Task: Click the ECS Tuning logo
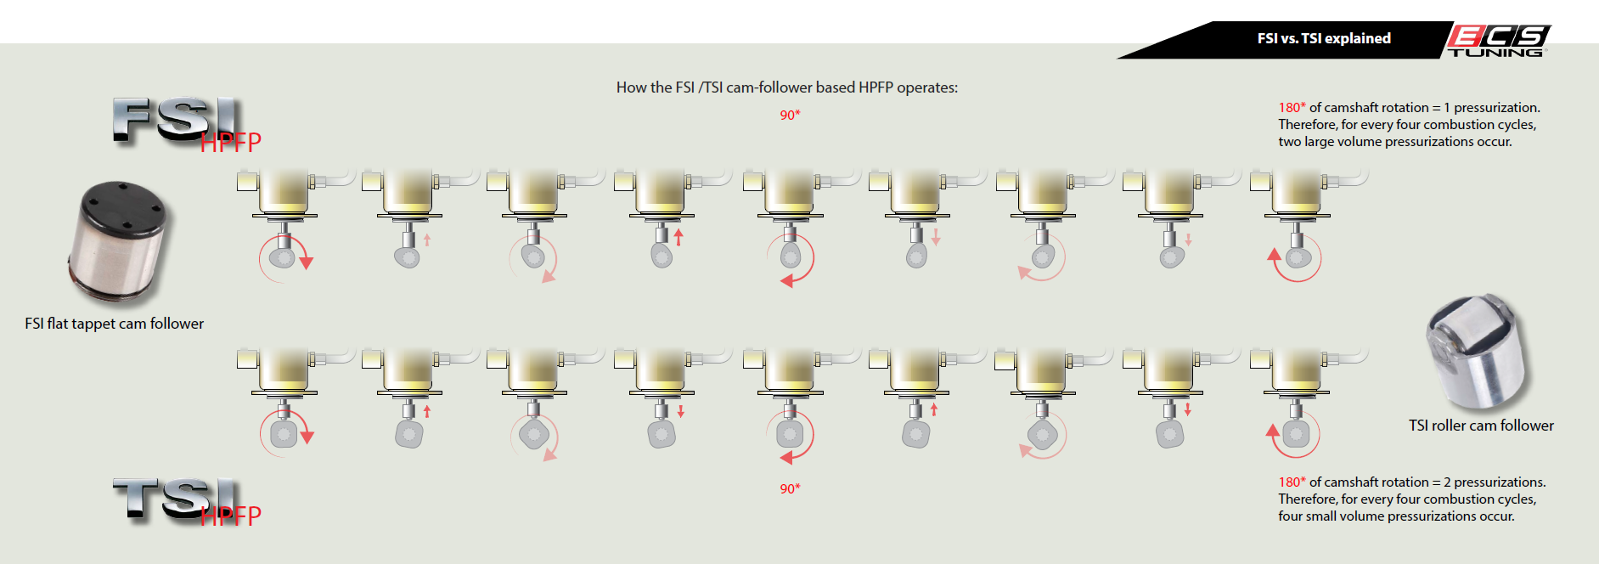pos(1498,40)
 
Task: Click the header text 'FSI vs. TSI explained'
pos(1324,38)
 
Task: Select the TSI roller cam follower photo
pos(1478,352)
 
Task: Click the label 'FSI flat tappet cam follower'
pos(114,324)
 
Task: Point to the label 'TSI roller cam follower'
pos(1481,426)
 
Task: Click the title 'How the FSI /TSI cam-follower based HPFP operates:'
pos(786,87)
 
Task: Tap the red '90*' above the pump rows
pos(790,116)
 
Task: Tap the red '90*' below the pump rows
pos(790,489)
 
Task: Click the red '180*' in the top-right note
pos(1292,108)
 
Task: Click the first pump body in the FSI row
pos(284,191)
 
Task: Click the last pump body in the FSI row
pos(1296,191)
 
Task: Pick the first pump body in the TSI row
pos(284,370)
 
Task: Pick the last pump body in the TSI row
pos(1296,370)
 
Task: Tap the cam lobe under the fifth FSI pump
pos(791,255)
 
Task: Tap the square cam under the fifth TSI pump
pos(790,435)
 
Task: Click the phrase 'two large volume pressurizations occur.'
pos(1395,142)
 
